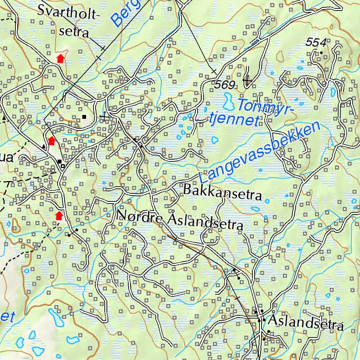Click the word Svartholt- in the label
[x=69, y=13]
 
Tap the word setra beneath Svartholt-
[x=74, y=32]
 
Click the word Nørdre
[x=140, y=216]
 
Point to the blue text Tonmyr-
[x=265, y=106]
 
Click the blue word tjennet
[x=233, y=120]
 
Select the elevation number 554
[x=316, y=43]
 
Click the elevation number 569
[x=224, y=85]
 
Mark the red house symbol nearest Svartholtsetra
[x=61, y=58]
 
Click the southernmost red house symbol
[x=59, y=215]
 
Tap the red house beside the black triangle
[x=52, y=141]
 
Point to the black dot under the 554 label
[x=321, y=53]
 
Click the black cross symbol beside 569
[x=247, y=81]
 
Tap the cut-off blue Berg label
[x=127, y=13]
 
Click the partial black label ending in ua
[x=6, y=157]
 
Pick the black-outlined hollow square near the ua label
[x=63, y=166]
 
